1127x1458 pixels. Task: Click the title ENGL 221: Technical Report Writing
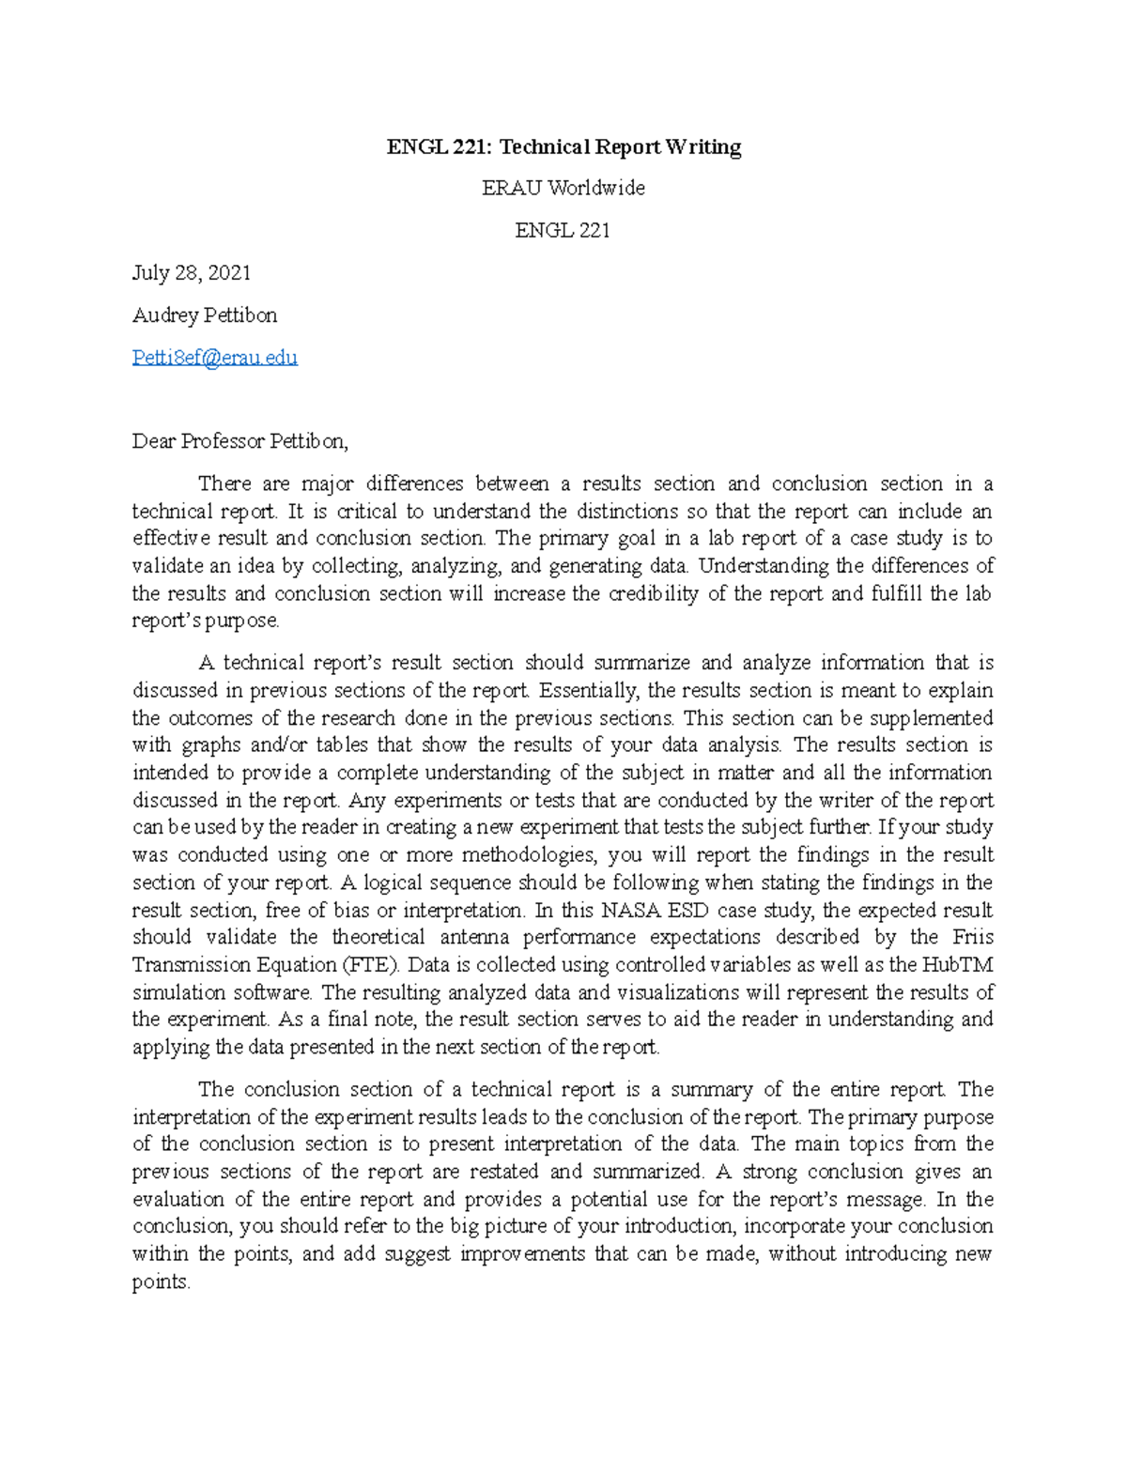[x=563, y=147]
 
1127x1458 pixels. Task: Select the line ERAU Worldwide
[x=563, y=188]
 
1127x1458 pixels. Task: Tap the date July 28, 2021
[x=192, y=273]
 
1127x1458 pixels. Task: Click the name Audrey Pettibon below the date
[x=205, y=315]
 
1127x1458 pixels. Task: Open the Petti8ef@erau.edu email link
[x=215, y=358]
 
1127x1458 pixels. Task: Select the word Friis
[x=972, y=937]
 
